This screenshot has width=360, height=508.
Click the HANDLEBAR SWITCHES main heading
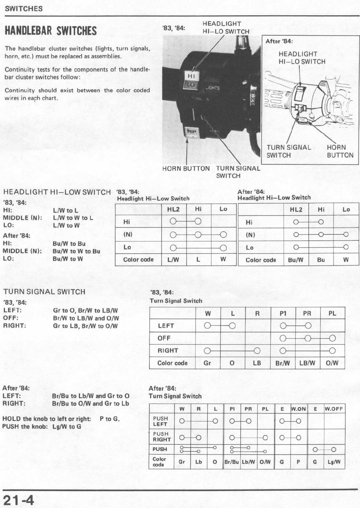coord(51,31)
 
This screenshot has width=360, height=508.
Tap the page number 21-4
coord(19,500)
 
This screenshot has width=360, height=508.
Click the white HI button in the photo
coord(191,76)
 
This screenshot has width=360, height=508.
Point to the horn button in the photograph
coord(192,132)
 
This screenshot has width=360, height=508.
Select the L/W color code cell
coord(173,260)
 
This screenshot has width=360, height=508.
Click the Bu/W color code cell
coord(296,260)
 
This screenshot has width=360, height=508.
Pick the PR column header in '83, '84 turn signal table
coord(307,313)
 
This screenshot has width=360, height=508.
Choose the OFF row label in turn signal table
coord(164,338)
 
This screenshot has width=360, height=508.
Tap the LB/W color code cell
coord(307,363)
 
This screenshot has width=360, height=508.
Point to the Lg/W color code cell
coord(334,462)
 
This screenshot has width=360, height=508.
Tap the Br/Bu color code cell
coord(232,462)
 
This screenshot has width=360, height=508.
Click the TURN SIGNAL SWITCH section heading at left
coord(44,292)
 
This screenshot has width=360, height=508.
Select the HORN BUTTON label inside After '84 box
coord(340,151)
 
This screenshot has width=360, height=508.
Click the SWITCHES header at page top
coord(24,9)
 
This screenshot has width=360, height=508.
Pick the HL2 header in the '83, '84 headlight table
coord(173,209)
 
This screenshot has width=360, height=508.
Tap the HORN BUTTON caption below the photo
coord(186,169)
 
